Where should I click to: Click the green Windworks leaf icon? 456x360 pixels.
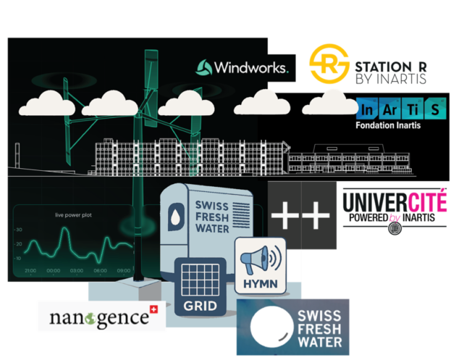coord(204,68)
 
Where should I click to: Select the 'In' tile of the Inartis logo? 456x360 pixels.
coord(368,109)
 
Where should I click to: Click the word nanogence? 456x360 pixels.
coord(94,318)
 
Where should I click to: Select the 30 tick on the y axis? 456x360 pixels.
coord(18,230)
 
